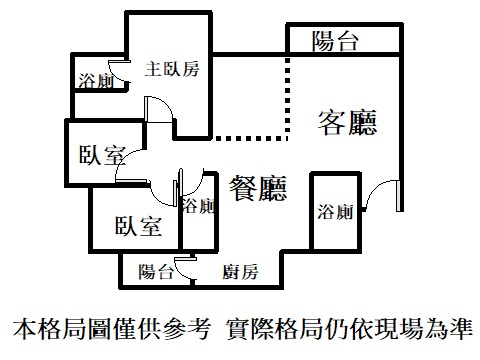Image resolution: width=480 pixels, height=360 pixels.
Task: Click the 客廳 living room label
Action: click(x=347, y=123)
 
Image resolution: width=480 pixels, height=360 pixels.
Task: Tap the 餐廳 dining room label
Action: click(x=258, y=188)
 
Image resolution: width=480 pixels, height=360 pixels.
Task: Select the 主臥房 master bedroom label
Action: click(x=172, y=69)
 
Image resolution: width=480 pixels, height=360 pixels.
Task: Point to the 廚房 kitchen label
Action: click(x=240, y=272)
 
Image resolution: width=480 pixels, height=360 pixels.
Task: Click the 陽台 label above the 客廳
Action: click(x=335, y=41)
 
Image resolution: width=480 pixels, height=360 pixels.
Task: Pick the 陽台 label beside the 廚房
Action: click(x=156, y=272)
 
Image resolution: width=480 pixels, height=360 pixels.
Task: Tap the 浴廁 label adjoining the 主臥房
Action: click(x=96, y=81)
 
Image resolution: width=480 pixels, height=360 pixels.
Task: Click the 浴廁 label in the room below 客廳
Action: click(x=335, y=212)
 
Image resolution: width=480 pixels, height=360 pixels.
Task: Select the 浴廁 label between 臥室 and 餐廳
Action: click(x=198, y=206)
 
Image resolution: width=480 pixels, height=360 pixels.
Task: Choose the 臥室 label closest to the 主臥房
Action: click(x=102, y=155)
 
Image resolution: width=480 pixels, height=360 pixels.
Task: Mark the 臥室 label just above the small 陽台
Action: click(x=138, y=226)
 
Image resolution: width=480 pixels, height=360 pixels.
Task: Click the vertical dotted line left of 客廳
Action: click(x=288, y=97)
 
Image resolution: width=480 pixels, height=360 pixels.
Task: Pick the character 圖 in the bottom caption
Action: click(x=100, y=329)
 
